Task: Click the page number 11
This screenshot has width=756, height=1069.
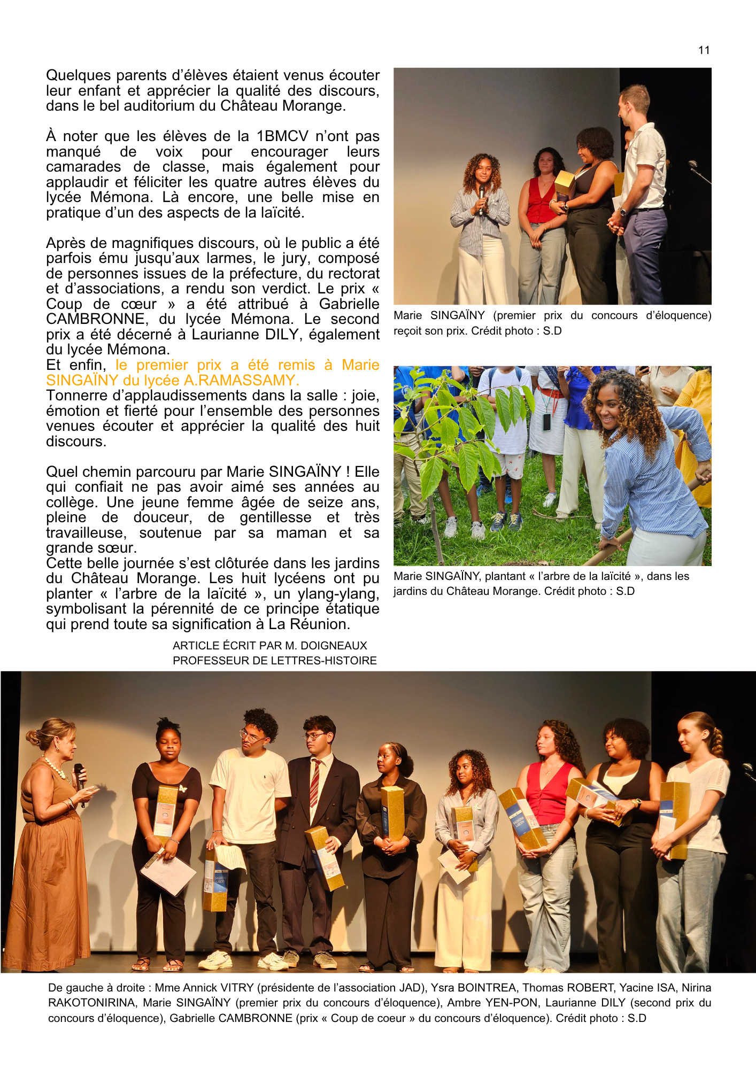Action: click(704, 50)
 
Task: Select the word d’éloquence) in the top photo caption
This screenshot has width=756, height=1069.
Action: click(678, 315)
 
